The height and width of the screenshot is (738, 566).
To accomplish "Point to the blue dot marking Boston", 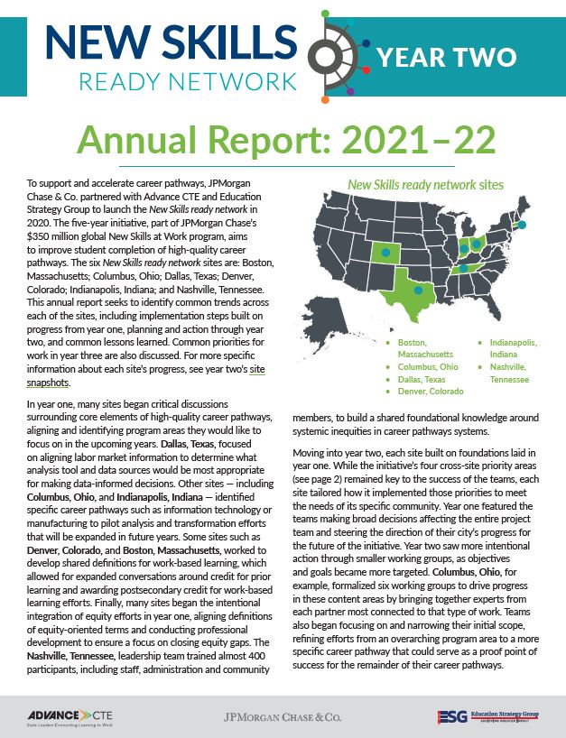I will point(522,224).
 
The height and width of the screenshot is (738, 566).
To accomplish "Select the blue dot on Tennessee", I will point(464,267).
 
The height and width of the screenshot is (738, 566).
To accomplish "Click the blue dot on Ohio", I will point(477,244).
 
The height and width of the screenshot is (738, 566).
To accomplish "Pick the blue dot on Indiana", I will point(463,248).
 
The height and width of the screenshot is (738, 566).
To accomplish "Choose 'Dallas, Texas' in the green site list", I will point(424,380).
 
